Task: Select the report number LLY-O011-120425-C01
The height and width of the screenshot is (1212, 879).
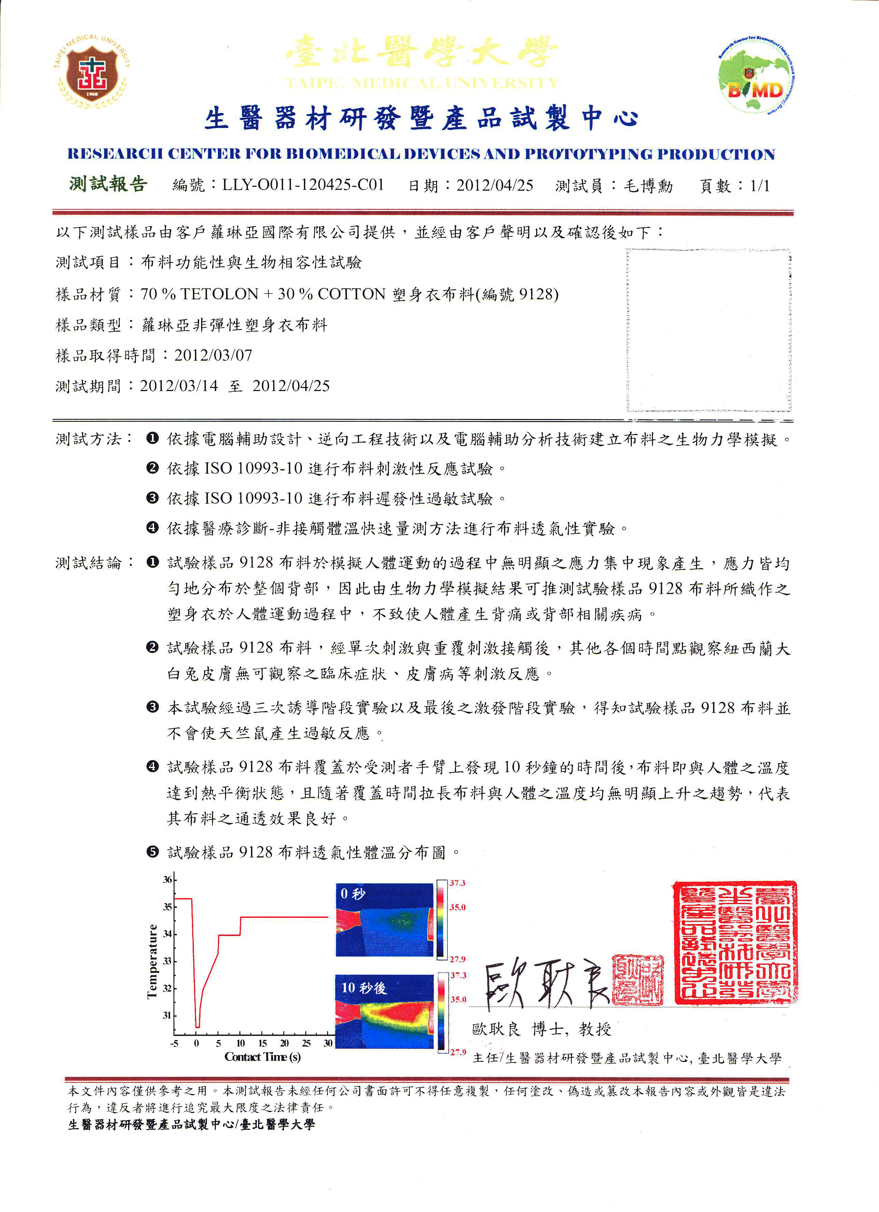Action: (303, 185)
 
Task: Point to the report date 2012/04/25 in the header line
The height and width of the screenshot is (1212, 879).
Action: (494, 185)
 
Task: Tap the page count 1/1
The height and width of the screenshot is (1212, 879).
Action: (760, 185)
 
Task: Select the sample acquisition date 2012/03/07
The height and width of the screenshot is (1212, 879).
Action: (213, 355)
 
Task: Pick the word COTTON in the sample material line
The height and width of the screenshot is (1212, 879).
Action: (351, 294)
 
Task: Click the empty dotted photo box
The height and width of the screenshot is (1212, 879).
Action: (709, 330)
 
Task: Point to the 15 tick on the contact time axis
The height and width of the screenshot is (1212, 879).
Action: (263, 1043)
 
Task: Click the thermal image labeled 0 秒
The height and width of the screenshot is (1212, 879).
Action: (384, 920)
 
